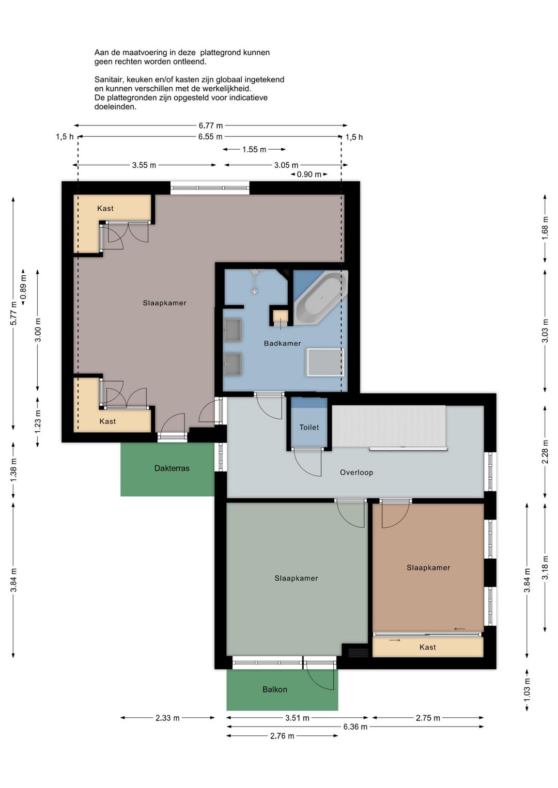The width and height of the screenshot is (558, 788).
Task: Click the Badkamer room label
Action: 282,343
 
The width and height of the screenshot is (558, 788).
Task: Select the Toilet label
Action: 309,428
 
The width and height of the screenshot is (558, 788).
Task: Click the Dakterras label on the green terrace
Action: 172,468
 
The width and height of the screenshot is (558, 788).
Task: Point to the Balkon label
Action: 274,689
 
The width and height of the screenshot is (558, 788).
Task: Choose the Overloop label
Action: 357,472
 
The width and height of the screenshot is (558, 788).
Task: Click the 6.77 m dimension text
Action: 210,125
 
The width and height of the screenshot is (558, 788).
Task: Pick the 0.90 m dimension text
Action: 309,175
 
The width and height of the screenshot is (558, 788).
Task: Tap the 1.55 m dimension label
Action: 254,150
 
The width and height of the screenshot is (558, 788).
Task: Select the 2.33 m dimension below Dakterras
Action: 167,718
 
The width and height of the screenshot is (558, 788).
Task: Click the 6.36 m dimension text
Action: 355,727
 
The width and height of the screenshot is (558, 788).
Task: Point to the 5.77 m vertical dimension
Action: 13,313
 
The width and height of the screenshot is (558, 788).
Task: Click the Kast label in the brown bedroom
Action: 427,648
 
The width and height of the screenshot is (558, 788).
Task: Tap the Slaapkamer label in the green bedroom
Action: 296,578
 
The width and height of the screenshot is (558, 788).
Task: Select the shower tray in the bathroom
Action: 326,363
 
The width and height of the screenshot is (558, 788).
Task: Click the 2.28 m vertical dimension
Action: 545,452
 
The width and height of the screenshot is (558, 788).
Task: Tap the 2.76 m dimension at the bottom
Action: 282,736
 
